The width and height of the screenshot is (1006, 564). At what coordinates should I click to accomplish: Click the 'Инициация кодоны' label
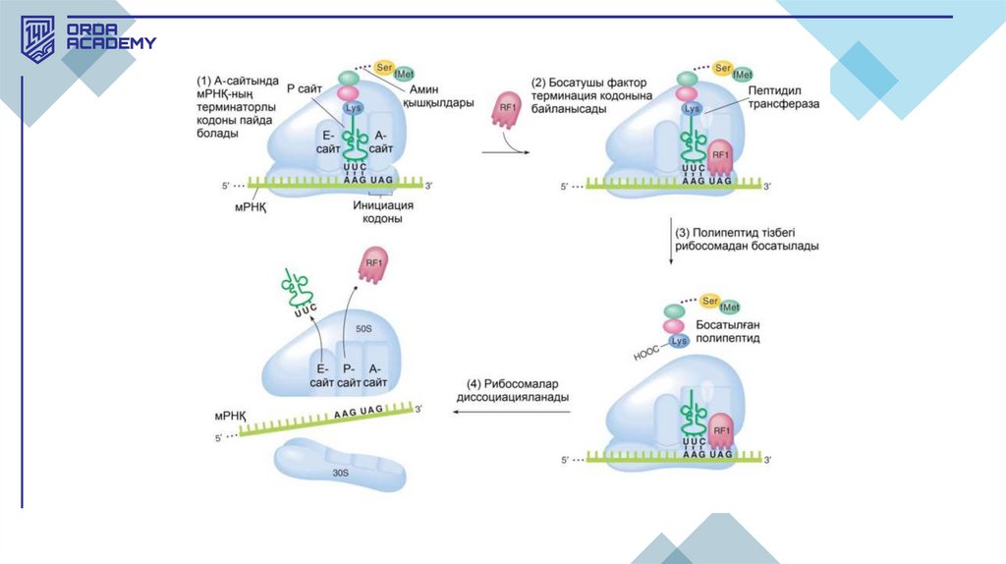[383, 212]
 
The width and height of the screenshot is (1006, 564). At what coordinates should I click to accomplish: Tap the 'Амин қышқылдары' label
[438, 96]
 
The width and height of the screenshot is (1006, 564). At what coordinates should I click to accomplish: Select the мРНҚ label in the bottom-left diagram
[232, 417]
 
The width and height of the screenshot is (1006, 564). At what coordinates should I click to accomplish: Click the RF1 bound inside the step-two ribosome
[720, 155]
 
